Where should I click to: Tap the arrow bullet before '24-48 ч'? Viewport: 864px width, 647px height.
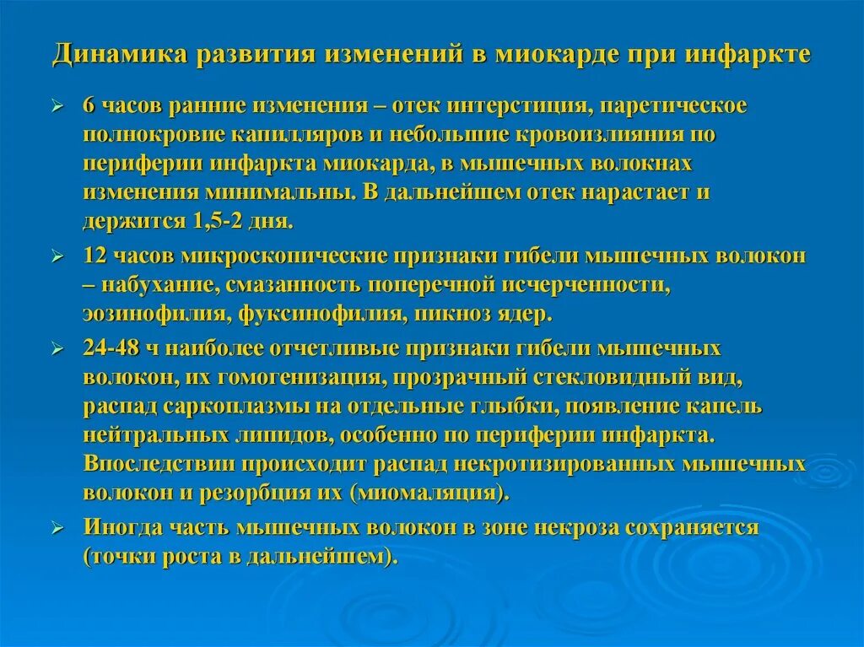[x=57, y=348]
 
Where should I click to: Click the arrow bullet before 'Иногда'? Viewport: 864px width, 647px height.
[x=57, y=528]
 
